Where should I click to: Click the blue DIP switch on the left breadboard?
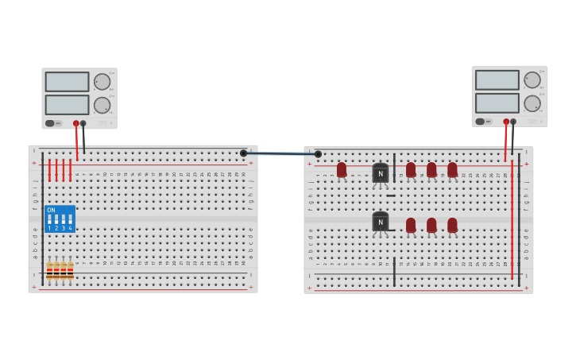click(60, 219)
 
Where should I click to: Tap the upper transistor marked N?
click(381, 173)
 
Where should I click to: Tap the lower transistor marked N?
click(381, 222)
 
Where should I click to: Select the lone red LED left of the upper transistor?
click(342, 169)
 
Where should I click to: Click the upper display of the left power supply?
click(67, 82)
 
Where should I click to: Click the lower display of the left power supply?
click(67, 105)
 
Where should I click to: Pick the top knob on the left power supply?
click(102, 82)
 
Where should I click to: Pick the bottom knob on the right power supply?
click(532, 103)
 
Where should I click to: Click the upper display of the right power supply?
click(497, 80)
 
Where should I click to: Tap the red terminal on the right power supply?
click(506, 122)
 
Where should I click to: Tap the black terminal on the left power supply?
click(83, 123)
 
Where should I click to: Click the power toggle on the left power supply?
click(50, 123)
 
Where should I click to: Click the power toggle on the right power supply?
click(480, 122)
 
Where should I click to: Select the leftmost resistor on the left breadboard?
click(49, 270)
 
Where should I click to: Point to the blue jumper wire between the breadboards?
click(280, 153)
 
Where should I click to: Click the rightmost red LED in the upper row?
click(452, 169)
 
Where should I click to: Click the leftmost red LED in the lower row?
click(411, 225)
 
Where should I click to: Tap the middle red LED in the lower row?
click(431, 225)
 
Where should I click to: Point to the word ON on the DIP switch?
click(52, 211)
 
